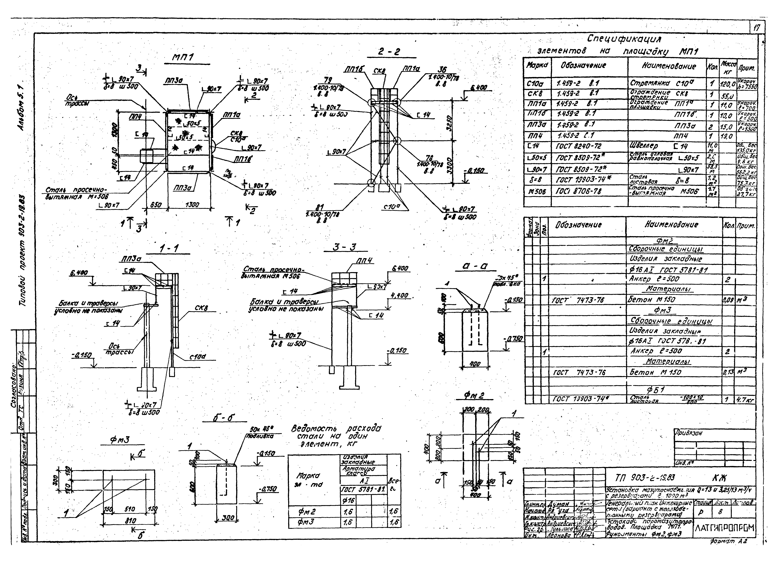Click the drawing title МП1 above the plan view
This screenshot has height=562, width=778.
click(183, 58)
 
